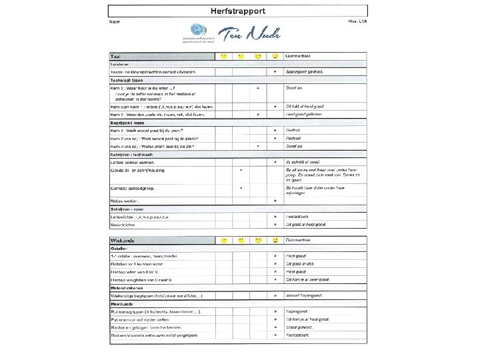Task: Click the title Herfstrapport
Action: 239,11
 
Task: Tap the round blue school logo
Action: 199,30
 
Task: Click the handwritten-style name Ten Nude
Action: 252,33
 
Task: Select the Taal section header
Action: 116,55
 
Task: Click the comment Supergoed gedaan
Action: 305,71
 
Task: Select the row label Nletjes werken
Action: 125,201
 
